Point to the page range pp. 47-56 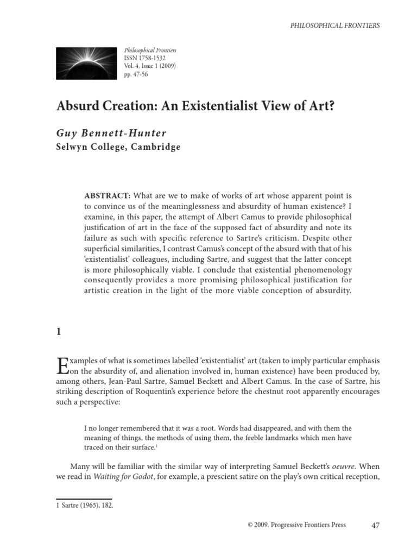pyautogui.click(x=136, y=74)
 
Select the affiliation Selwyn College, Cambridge pyautogui.click(x=118, y=147)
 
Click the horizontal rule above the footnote pyautogui.click(x=84, y=498)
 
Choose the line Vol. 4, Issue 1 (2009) pyautogui.click(x=150, y=66)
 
